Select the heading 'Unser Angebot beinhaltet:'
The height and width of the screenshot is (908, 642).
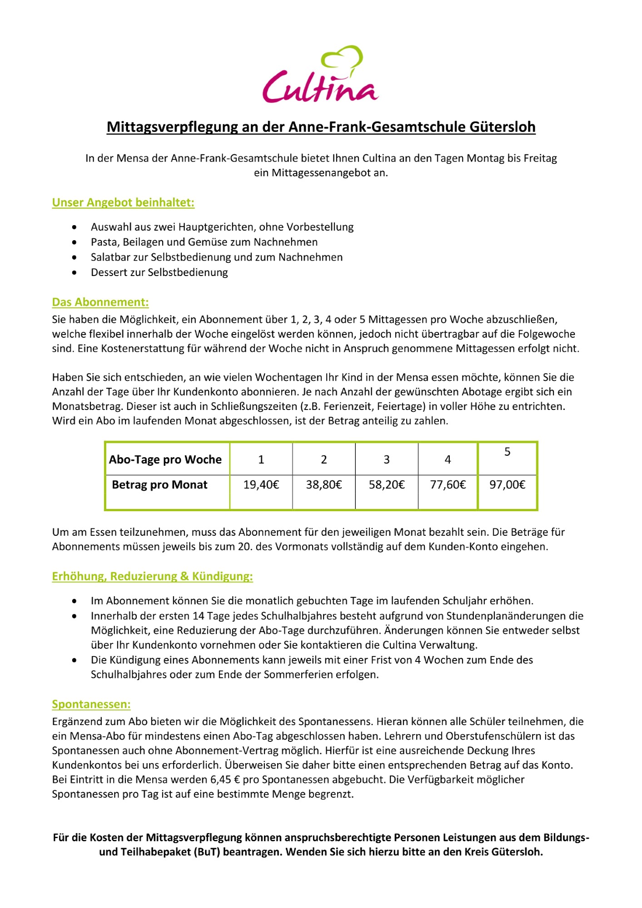[123, 202]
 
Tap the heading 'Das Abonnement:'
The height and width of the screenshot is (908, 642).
[100, 302]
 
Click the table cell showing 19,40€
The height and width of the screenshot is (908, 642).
[261, 485]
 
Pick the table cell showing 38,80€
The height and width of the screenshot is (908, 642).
[324, 485]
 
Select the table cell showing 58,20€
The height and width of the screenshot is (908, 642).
[387, 485]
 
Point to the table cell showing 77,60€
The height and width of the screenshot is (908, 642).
[448, 485]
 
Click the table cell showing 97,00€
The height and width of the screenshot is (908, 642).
[508, 485]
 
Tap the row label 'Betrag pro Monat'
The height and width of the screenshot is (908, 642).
[159, 485]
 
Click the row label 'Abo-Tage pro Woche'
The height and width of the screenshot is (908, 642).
[165, 459]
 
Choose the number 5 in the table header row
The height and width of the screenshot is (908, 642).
[508, 452]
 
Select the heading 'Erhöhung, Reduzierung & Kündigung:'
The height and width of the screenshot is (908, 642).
[152, 577]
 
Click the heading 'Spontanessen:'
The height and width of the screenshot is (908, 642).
[91, 705]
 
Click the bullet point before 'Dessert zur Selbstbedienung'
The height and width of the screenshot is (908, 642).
[75, 273]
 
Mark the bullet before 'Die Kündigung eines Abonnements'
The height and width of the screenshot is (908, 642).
[75, 661]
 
